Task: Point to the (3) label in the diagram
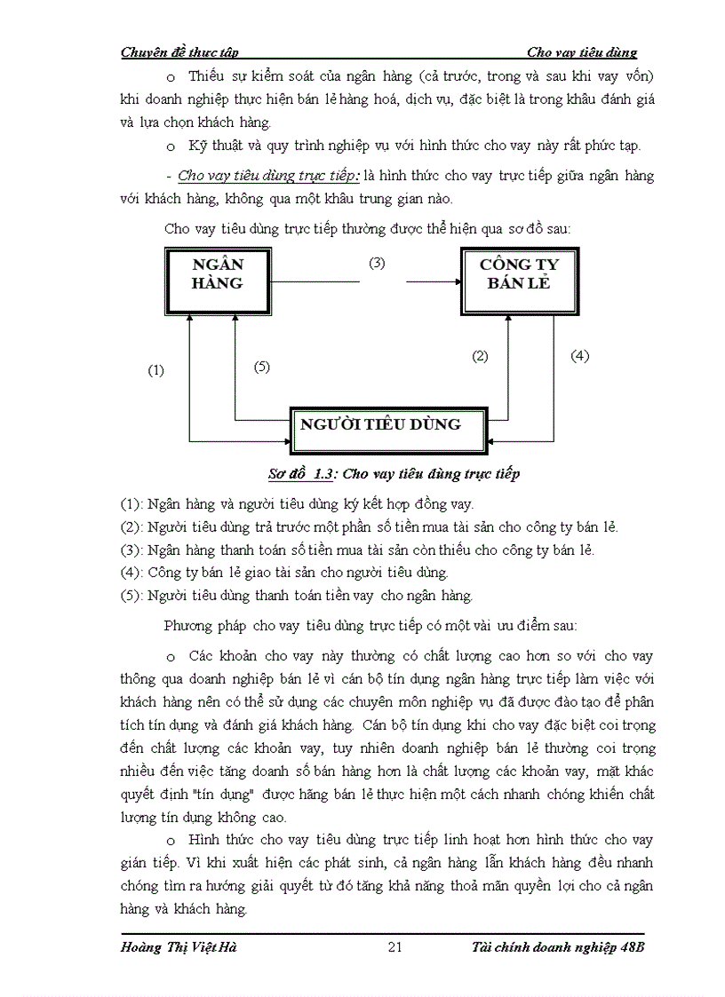pos(377,264)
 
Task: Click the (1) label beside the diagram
pos(155,371)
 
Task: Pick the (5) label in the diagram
pos(261,366)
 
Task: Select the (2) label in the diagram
pos(480,356)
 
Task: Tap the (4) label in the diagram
pos(579,356)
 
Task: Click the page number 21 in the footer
pos(396,946)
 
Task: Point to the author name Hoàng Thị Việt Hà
pos(178,946)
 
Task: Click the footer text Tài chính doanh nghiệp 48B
pos(557,946)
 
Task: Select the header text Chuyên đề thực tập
pos(179,52)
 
